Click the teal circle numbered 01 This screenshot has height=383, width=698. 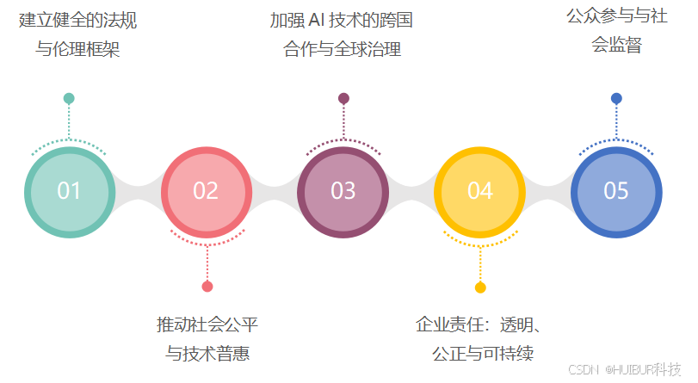69,191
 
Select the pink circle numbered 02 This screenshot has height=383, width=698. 206,191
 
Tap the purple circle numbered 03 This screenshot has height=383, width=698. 343,191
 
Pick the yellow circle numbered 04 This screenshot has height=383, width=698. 479,191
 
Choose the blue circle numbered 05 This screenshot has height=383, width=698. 616,191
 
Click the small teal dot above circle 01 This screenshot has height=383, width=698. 69,98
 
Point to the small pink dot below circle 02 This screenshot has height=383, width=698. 207,287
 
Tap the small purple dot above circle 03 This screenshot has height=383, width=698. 343,98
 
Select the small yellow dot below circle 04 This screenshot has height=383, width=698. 480,287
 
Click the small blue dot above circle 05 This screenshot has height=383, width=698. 616,98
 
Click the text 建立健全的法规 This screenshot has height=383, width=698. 77,20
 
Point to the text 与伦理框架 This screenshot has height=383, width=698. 77,50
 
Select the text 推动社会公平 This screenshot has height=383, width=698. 207,324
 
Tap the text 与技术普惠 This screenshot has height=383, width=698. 207,354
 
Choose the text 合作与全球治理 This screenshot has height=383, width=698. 343,50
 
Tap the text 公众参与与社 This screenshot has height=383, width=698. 616,16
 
